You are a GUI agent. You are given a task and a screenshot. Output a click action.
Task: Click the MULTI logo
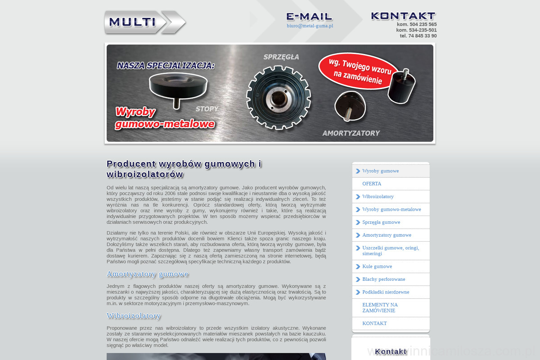(x=144, y=22)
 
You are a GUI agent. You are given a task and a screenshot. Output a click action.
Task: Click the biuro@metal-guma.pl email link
(x=310, y=26)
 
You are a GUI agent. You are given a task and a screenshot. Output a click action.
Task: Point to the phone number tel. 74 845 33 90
(x=418, y=36)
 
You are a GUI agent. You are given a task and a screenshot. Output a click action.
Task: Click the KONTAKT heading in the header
(x=403, y=16)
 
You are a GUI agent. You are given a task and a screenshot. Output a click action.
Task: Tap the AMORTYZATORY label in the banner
(x=351, y=133)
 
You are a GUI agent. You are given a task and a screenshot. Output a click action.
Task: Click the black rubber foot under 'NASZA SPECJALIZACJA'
(x=178, y=88)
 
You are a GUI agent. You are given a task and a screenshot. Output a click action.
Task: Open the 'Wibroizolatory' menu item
(x=378, y=197)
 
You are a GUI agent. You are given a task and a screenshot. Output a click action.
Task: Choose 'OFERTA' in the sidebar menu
(x=372, y=184)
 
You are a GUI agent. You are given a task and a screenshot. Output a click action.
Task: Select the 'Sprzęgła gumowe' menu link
(x=381, y=222)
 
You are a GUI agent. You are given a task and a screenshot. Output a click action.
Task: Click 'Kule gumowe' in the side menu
(x=377, y=266)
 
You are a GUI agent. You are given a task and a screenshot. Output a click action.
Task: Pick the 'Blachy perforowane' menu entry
(x=383, y=279)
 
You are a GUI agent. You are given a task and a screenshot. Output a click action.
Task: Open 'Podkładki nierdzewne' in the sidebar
(x=386, y=292)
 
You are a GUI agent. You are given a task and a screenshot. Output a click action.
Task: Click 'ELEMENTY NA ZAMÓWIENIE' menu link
(x=380, y=308)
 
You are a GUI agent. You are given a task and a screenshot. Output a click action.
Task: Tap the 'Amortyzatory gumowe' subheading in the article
(x=148, y=274)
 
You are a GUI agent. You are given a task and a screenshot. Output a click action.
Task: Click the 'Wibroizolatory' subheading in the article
(x=134, y=316)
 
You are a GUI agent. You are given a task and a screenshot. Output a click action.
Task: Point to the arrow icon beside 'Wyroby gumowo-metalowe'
(x=358, y=210)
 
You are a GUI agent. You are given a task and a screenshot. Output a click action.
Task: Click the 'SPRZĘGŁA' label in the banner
(x=281, y=57)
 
